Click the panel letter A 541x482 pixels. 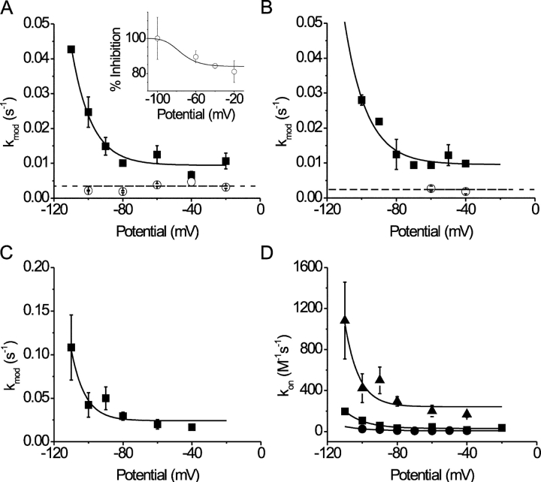[x=8, y=10]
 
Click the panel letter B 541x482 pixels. [x=284, y=10]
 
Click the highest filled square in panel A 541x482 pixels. [x=71, y=50]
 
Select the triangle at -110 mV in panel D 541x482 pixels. [x=345, y=320]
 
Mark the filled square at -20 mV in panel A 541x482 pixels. [x=226, y=161]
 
